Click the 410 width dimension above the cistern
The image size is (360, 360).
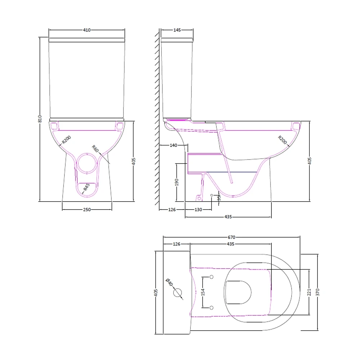tap(87, 30)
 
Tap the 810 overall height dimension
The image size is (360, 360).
tap(40, 119)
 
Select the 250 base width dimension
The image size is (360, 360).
tap(87, 210)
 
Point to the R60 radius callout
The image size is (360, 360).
tap(95, 148)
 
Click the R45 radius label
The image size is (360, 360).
tap(86, 188)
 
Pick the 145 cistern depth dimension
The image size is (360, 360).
tap(177, 30)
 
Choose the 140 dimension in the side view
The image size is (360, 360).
tap(173, 145)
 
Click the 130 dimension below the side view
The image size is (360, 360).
tap(198, 210)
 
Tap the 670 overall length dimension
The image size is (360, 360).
tap(231, 237)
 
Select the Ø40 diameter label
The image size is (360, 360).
tap(169, 283)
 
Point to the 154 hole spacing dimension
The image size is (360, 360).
tap(203, 292)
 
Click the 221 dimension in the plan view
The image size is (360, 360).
tap(309, 292)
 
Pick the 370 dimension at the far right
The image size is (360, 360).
tap(318, 292)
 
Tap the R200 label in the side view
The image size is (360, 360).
tap(282, 140)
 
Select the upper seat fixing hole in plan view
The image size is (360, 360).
tap(211, 277)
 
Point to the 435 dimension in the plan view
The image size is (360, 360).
tap(230, 244)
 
